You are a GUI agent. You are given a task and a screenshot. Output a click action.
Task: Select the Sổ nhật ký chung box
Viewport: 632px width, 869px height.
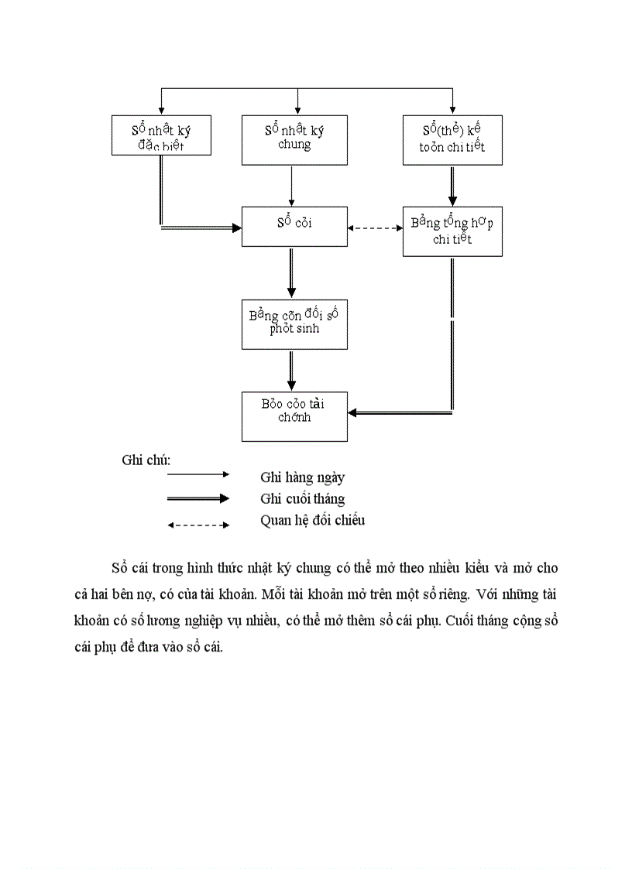tap(294, 139)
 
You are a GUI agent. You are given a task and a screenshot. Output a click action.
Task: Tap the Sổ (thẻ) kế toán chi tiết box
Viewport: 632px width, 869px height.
tap(452, 139)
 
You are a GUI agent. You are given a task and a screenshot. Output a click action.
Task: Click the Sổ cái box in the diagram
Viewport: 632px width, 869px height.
tap(294, 226)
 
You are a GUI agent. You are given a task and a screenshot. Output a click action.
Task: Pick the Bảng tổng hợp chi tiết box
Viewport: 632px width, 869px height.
tap(452, 231)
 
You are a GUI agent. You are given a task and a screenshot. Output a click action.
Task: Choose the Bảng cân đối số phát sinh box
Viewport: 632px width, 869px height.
tap(294, 323)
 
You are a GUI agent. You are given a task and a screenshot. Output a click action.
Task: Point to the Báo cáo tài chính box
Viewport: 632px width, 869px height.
tap(294, 416)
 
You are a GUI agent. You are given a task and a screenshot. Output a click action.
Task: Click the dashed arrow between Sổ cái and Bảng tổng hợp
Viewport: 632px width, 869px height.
tap(375, 228)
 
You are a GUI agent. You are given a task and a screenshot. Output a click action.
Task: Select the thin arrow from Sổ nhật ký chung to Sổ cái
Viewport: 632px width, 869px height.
tap(291, 186)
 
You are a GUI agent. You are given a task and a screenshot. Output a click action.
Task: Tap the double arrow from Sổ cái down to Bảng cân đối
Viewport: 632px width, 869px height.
tap(291, 272)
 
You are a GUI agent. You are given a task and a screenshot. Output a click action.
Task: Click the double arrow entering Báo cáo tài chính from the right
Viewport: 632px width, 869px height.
tap(399, 413)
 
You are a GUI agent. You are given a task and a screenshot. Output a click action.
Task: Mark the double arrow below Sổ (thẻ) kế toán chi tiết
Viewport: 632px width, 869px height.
tap(452, 186)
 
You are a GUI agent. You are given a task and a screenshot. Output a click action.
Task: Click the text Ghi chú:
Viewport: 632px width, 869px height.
tap(146, 460)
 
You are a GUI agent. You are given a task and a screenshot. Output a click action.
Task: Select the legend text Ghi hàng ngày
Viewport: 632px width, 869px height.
tap(302, 477)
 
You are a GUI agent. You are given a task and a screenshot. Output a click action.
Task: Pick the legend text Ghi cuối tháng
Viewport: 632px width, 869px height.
tap(302, 499)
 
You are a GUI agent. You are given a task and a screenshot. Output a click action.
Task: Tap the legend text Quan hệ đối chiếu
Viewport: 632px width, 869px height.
tap(312, 520)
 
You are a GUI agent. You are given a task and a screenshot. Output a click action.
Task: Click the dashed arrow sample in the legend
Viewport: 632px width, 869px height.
tap(198, 525)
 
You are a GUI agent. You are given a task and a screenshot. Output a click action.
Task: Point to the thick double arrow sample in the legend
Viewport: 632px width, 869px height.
tap(198, 498)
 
